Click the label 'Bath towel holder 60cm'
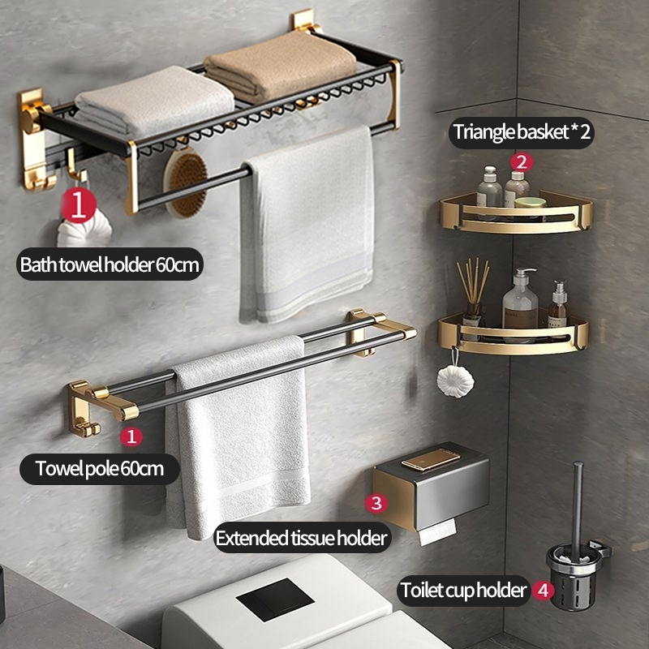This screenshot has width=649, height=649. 110,264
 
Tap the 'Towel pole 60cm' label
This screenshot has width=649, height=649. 99,469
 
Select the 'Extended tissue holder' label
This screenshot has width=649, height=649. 302,538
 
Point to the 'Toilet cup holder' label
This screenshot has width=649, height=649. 463,591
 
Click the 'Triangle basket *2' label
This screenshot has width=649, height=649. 522,132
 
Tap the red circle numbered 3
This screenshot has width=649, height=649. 376,503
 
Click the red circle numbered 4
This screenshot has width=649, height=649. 544,591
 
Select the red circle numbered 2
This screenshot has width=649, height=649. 522,162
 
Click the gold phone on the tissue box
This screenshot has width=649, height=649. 431,459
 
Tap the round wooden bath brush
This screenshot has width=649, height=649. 187,183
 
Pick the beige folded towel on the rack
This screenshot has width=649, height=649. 281,67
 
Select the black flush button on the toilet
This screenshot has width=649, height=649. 275,599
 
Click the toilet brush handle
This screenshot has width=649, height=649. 577,505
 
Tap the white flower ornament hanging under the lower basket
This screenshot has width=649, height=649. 455,381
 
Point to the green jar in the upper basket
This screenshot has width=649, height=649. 531,202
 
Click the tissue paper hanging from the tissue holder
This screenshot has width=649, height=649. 437,531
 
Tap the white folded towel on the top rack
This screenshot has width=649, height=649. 154,100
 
